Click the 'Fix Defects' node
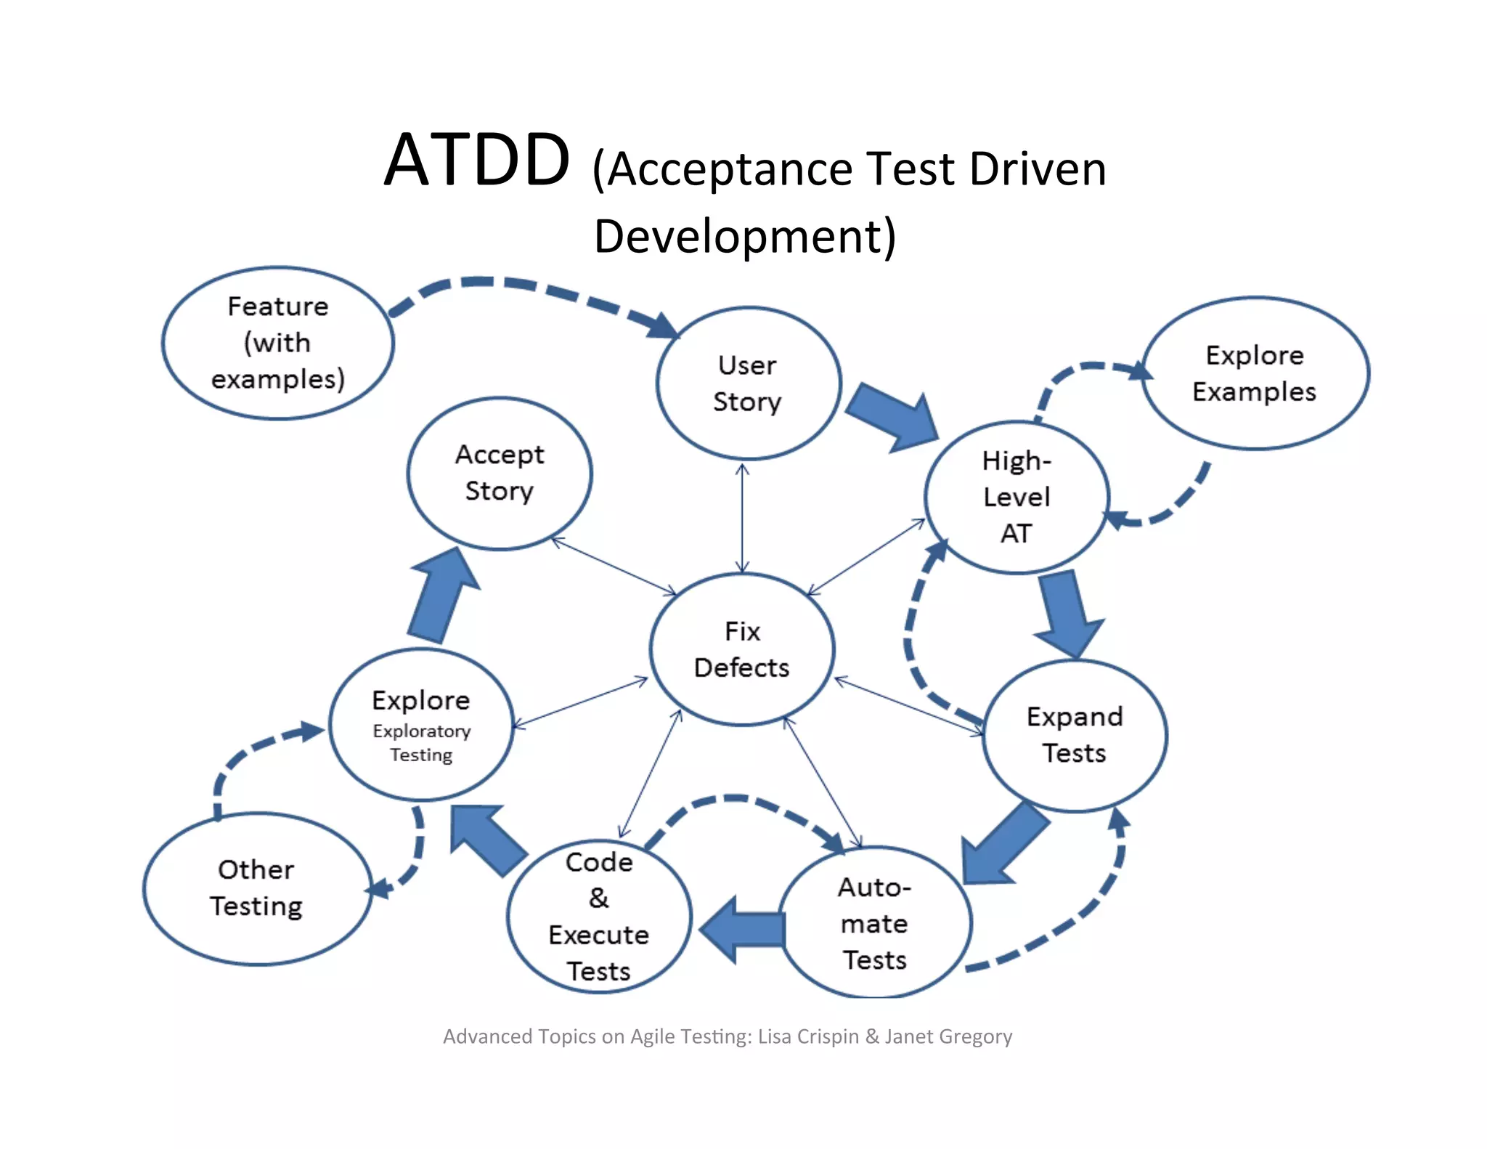pyautogui.click(x=741, y=649)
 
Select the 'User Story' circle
pyautogui.click(x=748, y=383)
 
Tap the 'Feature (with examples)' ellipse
pyautogui.click(x=278, y=343)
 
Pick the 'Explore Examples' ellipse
pyautogui.click(x=1255, y=373)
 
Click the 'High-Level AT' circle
pyautogui.click(x=1017, y=498)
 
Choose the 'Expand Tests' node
pyautogui.click(x=1075, y=735)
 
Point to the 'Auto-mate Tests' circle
pyautogui.click(x=875, y=923)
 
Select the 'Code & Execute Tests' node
pyautogui.click(x=599, y=917)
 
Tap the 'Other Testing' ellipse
pyautogui.click(x=256, y=888)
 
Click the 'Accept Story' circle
pyautogui.click(x=500, y=473)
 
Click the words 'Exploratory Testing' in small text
pyautogui.click(x=421, y=743)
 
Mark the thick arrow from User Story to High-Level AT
pyautogui.click(x=892, y=418)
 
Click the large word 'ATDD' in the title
pyautogui.click(x=477, y=161)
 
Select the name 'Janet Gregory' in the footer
pyautogui.click(x=948, y=1036)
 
